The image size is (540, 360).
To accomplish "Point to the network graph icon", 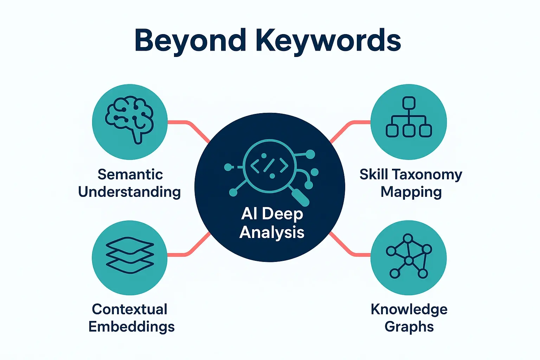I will [409, 256].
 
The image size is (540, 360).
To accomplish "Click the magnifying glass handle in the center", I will [300, 197].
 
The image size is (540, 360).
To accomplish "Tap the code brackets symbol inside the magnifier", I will [269, 165].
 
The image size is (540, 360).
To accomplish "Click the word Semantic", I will [130, 174].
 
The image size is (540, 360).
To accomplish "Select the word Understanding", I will [129, 192].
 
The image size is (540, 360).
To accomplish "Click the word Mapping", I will [411, 192].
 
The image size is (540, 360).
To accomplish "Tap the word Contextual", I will [129, 309].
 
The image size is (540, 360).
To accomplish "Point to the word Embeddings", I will [131, 327].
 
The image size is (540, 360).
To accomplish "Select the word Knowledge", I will [409, 309].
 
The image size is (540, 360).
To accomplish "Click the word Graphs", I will [409, 327].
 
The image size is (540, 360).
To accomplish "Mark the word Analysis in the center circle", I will [272, 232].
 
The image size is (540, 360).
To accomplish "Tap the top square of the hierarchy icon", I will [409, 103].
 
